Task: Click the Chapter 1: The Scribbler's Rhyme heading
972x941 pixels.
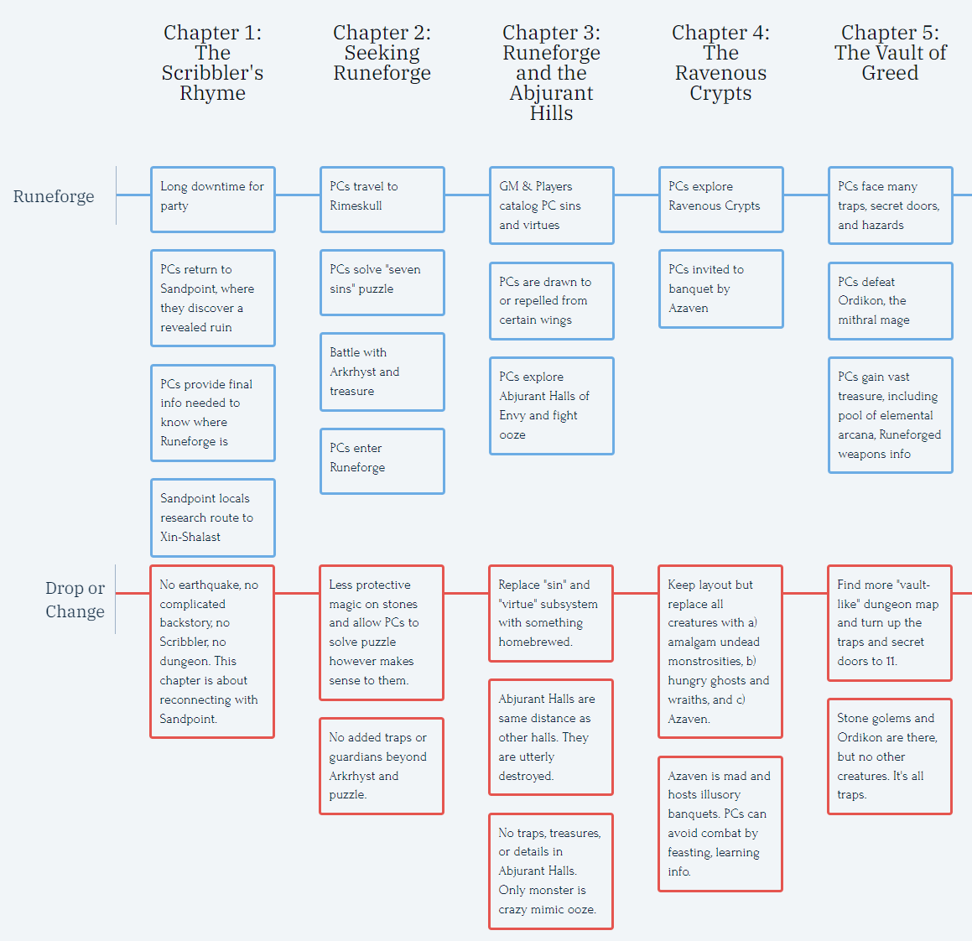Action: pos(212,63)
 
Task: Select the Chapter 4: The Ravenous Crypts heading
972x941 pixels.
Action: pos(720,63)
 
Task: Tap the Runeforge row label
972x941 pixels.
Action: pos(54,196)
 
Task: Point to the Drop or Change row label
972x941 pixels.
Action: pos(75,600)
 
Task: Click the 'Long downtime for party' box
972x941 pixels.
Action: pos(213,199)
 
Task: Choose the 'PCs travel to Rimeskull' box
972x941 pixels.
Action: pos(382,199)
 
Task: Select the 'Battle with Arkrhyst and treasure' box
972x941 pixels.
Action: pos(382,372)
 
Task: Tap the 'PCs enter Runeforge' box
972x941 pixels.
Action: pos(382,460)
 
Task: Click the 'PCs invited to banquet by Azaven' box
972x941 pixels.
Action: pos(720,289)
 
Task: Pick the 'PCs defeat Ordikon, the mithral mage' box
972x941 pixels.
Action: pos(890,300)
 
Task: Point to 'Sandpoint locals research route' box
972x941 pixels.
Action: pos(213,517)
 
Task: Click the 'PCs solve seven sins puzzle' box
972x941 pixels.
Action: pos(382,282)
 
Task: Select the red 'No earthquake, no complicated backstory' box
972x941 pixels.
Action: pos(212,652)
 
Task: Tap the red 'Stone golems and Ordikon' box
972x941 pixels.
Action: pos(889,756)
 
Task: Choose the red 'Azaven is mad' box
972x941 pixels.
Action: pos(720,824)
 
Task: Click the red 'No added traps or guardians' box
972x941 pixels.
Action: pos(382,766)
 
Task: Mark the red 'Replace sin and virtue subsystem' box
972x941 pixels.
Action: pos(550,613)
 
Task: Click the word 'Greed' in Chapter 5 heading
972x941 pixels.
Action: pos(890,73)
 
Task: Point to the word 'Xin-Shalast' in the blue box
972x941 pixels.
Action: pos(190,537)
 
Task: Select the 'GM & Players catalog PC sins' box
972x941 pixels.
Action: pos(551,205)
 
